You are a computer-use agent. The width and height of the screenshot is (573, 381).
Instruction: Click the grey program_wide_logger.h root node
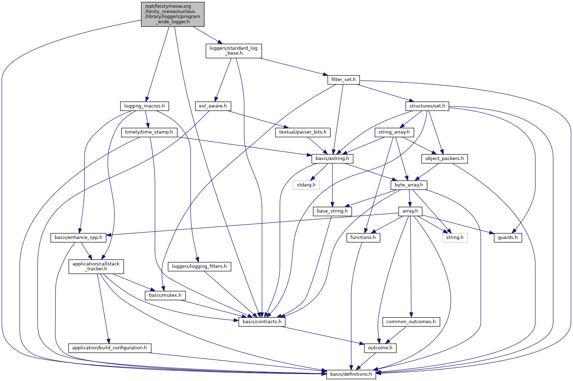[173, 14]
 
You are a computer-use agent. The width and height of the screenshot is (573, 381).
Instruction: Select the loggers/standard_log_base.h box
[233, 51]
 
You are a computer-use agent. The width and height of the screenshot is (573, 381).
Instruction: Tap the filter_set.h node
[343, 80]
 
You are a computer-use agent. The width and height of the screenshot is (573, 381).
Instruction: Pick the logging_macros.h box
[144, 106]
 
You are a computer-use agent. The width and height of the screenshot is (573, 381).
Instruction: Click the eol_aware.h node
[213, 106]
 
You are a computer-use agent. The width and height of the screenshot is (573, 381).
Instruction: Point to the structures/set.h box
[427, 106]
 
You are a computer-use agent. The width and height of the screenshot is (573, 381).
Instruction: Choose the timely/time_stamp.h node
[149, 132]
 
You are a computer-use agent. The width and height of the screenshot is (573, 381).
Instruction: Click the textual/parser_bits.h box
[303, 132]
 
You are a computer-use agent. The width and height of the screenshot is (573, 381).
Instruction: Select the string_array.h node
[394, 132]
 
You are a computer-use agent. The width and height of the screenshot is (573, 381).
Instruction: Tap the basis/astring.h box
[332, 159]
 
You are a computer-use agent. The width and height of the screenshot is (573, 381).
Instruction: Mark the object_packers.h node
[444, 159]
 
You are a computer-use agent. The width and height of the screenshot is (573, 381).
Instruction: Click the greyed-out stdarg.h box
[306, 185]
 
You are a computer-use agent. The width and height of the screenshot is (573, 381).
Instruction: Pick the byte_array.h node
[409, 185]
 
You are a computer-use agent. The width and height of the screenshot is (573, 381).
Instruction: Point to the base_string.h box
[332, 211]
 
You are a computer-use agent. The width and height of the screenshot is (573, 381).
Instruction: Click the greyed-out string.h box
[455, 238]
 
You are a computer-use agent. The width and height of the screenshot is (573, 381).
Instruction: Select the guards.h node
[508, 238]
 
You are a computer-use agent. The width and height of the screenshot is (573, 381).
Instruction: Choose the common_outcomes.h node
[411, 321]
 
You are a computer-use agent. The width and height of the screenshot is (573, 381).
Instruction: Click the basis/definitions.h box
[351, 374]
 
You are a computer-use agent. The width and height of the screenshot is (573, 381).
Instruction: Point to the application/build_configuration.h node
[110, 348]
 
